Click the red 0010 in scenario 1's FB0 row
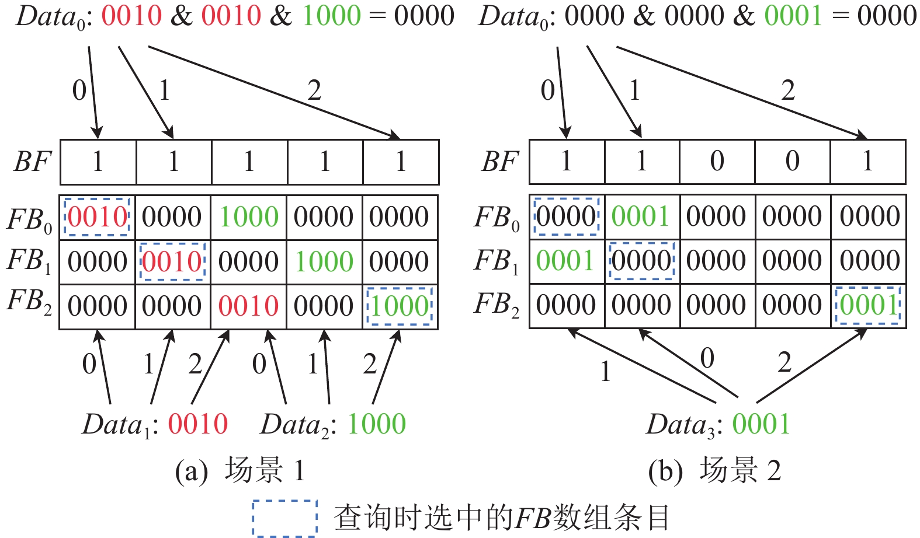(x=97, y=217)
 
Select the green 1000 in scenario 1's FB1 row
(x=324, y=261)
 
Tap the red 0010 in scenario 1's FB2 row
(x=248, y=306)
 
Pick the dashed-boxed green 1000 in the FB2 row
(x=400, y=306)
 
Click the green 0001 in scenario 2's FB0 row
(x=640, y=216)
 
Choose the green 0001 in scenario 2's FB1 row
(x=565, y=261)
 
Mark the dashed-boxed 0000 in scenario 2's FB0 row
(x=566, y=216)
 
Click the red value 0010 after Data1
(x=198, y=424)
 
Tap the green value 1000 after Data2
(x=377, y=424)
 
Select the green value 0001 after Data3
(x=761, y=424)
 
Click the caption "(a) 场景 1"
(x=240, y=470)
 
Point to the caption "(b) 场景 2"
(x=714, y=470)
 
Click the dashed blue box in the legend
(x=284, y=518)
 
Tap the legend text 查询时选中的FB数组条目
(x=501, y=518)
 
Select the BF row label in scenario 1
(x=33, y=162)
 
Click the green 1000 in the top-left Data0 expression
(x=332, y=16)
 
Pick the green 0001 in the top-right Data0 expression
(x=793, y=16)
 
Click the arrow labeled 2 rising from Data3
(x=812, y=365)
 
